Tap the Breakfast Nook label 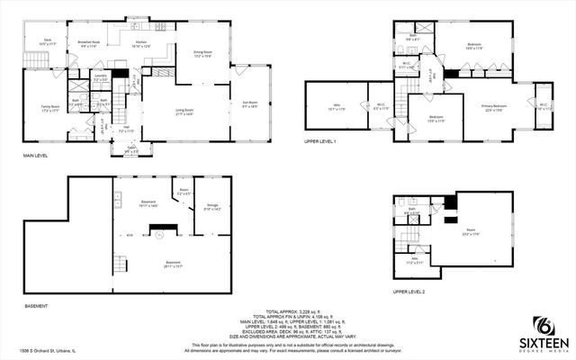[87, 43]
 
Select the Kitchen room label [140, 44]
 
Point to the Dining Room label [203, 53]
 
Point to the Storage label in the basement [212, 206]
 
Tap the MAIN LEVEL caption [37, 156]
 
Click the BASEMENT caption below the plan [35, 307]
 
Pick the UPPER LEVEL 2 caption [408, 292]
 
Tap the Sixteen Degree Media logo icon [543, 326]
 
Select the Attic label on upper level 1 [336, 106]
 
